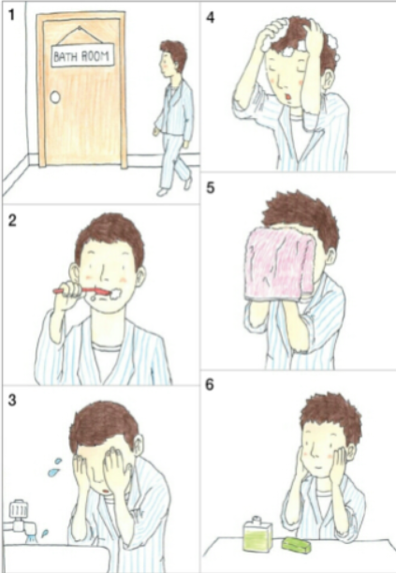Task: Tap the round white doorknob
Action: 55,97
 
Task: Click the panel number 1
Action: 11,15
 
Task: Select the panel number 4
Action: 210,17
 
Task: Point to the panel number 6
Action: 210,385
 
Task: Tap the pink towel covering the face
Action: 281,264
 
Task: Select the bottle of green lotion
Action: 257,533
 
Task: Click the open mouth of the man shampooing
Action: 289,97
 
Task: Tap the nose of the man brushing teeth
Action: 103,272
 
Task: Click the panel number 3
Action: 12,400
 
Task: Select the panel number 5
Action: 210,188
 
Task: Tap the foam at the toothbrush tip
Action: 115,293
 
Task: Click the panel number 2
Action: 12,220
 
